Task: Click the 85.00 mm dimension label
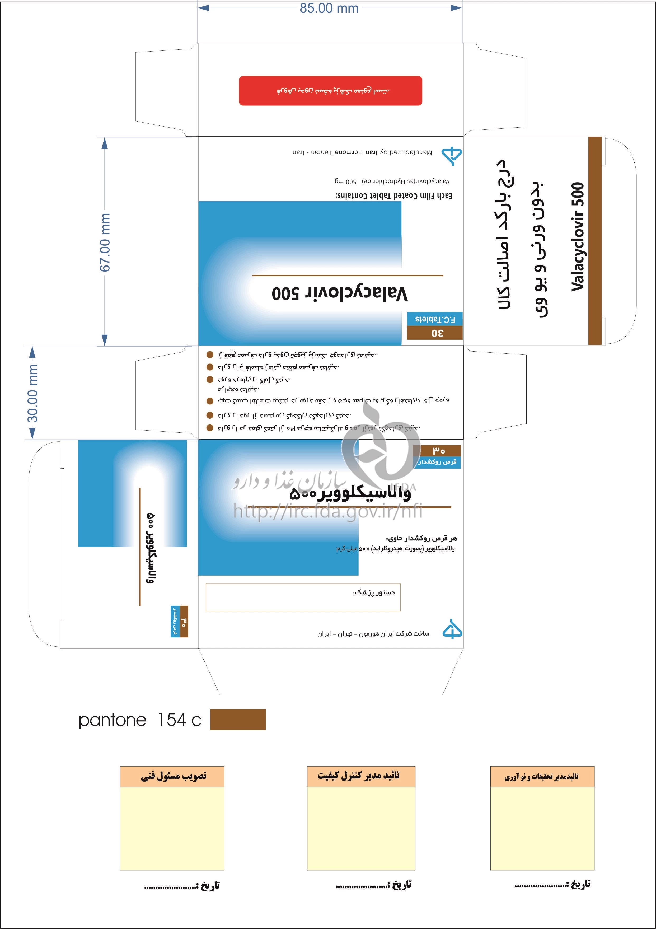pos(329,8)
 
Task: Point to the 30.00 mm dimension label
pos(32,393)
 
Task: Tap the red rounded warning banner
pos(330,91)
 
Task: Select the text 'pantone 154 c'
pos(139,720)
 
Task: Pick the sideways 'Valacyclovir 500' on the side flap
pos(578,237)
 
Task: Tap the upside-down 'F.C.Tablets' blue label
pos(435,319)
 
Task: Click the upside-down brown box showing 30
pos(435,333)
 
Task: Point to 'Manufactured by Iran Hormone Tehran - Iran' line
pos(362,152)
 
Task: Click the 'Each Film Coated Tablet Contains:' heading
pos(393,196)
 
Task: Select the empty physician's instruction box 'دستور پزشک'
pos(303,597)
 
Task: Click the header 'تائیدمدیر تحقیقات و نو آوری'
pos(542,777)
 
